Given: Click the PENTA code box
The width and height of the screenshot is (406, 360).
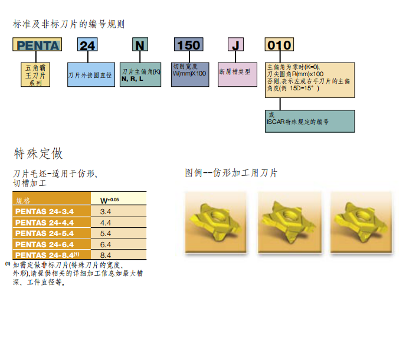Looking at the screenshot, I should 37,45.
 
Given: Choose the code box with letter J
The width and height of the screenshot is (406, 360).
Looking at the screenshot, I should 236,45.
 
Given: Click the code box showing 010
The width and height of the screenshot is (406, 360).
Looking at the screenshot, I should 279,45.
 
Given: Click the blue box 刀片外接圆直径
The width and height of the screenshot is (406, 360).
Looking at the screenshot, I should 90,75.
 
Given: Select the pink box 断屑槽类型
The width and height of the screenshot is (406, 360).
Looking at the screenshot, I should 236,71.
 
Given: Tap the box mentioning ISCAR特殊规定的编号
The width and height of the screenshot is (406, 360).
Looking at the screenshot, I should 310,120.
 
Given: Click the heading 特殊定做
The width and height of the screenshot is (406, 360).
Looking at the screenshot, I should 38,154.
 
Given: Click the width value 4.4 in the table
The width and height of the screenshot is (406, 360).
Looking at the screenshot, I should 106,222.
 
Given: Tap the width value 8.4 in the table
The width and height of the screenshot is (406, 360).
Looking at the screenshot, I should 106,254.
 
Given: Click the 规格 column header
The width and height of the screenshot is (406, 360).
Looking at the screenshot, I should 24,201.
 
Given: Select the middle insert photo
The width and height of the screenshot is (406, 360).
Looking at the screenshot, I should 287,219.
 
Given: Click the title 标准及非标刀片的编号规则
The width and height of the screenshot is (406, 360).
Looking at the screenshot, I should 69,24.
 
